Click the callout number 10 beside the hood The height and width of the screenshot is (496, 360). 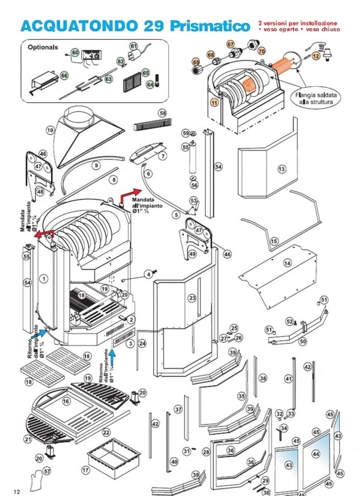50,130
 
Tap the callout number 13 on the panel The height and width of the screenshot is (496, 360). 281,169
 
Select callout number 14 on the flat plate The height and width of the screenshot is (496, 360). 287,263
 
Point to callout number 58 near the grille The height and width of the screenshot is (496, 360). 163,113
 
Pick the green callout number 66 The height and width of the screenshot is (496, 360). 64,76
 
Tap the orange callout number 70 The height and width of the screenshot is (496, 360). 262,52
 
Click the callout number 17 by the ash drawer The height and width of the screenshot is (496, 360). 85,469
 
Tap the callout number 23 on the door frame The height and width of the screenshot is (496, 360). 192,298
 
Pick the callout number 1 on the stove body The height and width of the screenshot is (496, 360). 44,278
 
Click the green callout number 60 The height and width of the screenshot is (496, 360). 75,52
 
